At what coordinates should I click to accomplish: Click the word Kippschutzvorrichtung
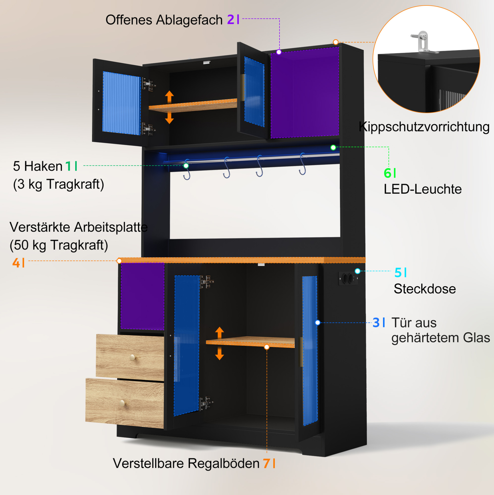pyautogui.click(x=424, y=127)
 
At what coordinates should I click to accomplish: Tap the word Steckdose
pyautogui.click(x=425, y=289)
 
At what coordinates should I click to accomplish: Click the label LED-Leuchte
pyautogui.click(x=423, y=189)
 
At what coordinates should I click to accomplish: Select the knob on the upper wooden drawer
pyautogui.click(x=133, y=357)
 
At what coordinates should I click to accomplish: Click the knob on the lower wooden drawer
pyautogui.click(x=123, y=403)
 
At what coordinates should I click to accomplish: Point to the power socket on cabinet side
pyautogui.click(x=348, y=278)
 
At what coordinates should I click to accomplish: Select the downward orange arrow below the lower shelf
pyautogui.click(x=219, y=354)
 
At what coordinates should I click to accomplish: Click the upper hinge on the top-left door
pyautogui.click(x=149, y=84)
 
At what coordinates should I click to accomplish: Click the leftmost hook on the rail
pyautogui.click(x=187, y=170)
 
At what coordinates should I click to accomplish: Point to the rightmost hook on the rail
pyautogui.click(x=303, y=164)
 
